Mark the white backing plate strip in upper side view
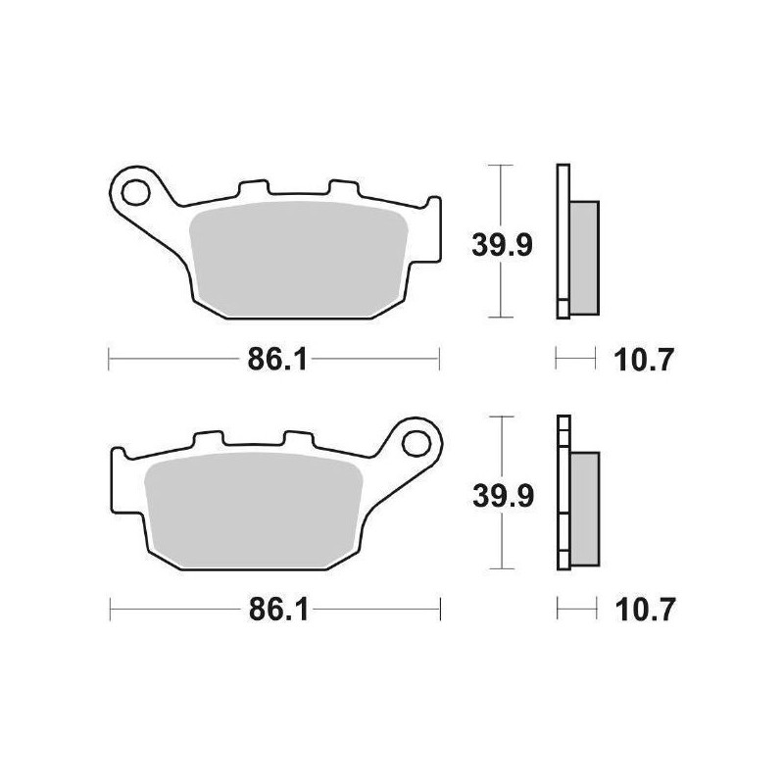click(x=562, y=240)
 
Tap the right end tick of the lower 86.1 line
click(x=441, y=611)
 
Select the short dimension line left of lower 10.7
click(x=576, y=611)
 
